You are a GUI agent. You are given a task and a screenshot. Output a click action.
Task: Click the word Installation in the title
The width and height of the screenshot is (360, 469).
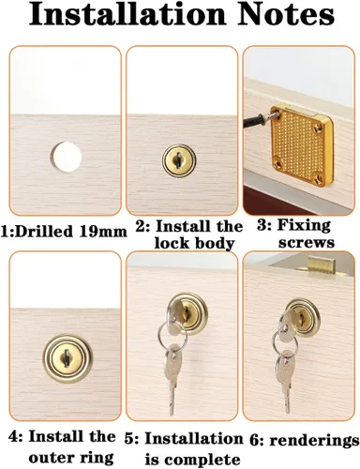tap(127, 14)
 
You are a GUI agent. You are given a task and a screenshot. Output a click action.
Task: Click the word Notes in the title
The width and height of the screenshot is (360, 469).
tap(286, 14)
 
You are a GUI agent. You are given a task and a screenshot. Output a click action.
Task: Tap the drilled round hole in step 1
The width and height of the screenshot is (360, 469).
tap(67, 157)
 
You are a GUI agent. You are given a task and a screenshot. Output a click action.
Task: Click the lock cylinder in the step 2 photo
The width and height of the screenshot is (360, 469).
tap(179, 161)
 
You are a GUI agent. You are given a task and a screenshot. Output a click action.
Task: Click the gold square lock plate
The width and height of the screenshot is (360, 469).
tap(301, 144)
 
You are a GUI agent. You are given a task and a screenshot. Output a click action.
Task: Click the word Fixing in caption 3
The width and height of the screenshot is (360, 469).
tap(304, 225)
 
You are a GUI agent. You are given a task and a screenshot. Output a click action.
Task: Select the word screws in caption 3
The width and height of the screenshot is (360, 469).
tap(307, 243)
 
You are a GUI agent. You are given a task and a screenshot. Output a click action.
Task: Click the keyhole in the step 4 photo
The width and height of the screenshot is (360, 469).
tap(67, 357)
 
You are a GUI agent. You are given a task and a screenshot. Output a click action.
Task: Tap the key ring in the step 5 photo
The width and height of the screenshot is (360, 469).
tap(172, 336)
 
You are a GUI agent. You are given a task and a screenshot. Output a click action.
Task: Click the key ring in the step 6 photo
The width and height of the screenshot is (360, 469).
tap(285, 340)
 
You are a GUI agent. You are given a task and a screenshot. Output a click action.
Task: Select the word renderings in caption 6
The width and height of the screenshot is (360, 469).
tap(314, 441)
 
